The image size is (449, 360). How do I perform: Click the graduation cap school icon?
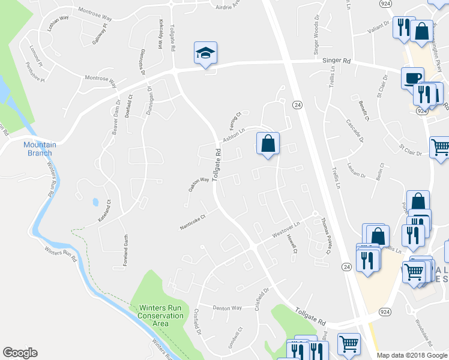[205, 53]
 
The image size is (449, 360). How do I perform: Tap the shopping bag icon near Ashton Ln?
[267, 143]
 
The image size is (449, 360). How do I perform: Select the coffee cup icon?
[412, 78]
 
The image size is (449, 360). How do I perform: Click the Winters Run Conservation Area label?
[160, 316]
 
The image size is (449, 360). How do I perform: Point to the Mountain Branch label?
[40, 149]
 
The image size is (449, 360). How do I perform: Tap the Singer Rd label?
[336, 61]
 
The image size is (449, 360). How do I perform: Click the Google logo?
[20, 353]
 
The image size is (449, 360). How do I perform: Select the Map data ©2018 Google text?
[412, 355]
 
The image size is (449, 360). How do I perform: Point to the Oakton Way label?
[199, 184]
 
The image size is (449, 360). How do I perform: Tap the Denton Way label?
[228, 307]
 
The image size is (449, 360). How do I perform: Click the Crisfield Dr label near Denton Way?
[197, 322]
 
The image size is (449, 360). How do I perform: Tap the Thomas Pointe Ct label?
[325, 236]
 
